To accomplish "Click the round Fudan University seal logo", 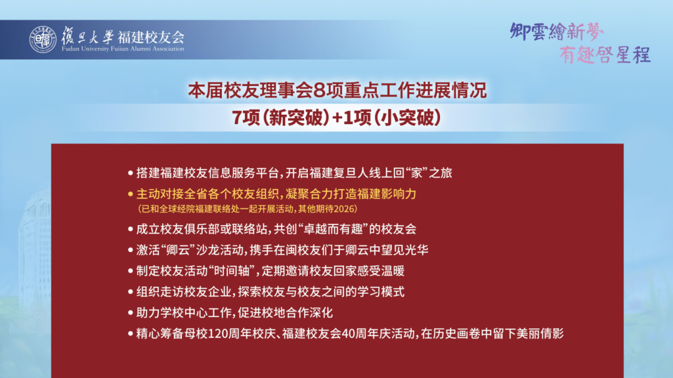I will point(42,39).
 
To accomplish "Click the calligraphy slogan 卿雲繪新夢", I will point(556,32).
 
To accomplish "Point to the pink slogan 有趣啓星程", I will point(604,56).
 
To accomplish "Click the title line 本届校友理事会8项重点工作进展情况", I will point(337,91).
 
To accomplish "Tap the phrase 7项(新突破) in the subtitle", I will point(280,118).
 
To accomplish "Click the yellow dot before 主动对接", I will point(131,194).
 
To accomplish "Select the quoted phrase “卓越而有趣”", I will point(336,229).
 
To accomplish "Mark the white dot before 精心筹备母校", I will point(131,334).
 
